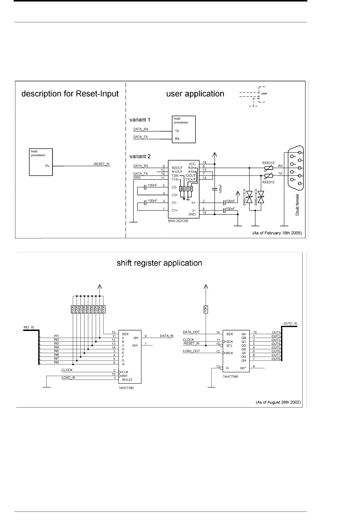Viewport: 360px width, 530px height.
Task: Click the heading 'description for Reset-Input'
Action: (x=70, y=94)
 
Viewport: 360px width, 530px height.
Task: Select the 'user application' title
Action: (x=195, y=94)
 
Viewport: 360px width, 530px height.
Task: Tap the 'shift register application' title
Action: (x=159, y=263)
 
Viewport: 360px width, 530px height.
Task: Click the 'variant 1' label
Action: (x=140, y=120)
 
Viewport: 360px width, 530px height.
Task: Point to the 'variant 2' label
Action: (x=140, y=156)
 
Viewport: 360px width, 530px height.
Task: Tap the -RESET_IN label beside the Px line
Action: (x=101, y=164)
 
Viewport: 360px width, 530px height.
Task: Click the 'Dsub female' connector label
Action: (x=297, y=205)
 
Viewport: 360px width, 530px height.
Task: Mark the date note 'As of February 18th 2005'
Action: (x=277, y=233)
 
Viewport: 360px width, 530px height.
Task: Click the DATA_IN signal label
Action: (x=167, y=336)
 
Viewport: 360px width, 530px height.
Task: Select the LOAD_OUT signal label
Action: (x=191, y=351)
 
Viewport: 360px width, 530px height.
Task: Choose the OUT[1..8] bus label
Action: (x=290, y=323)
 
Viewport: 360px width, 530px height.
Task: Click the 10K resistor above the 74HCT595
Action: (x=205, y=309)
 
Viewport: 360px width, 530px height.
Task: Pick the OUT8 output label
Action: (x=276, y=359)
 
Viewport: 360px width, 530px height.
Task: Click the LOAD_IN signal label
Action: (x=68, y=378)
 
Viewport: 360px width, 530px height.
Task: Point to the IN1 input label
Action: (x=56, y=336)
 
